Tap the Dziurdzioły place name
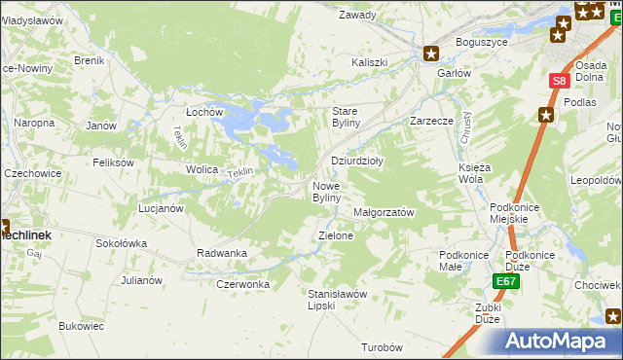pos(357,162)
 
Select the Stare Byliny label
pos(347,117)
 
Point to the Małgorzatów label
pos(385,212)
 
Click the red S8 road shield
pos(558,83)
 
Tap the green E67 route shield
pos(504,282)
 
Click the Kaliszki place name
pos(370,62)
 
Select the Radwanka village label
pos(222,253)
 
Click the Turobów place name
pos(382,347)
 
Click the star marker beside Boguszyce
pos(432,54)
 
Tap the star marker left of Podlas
pos(546,115)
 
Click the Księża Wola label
pos(472,173)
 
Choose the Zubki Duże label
pos(489,313)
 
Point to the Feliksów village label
pos(113,162)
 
